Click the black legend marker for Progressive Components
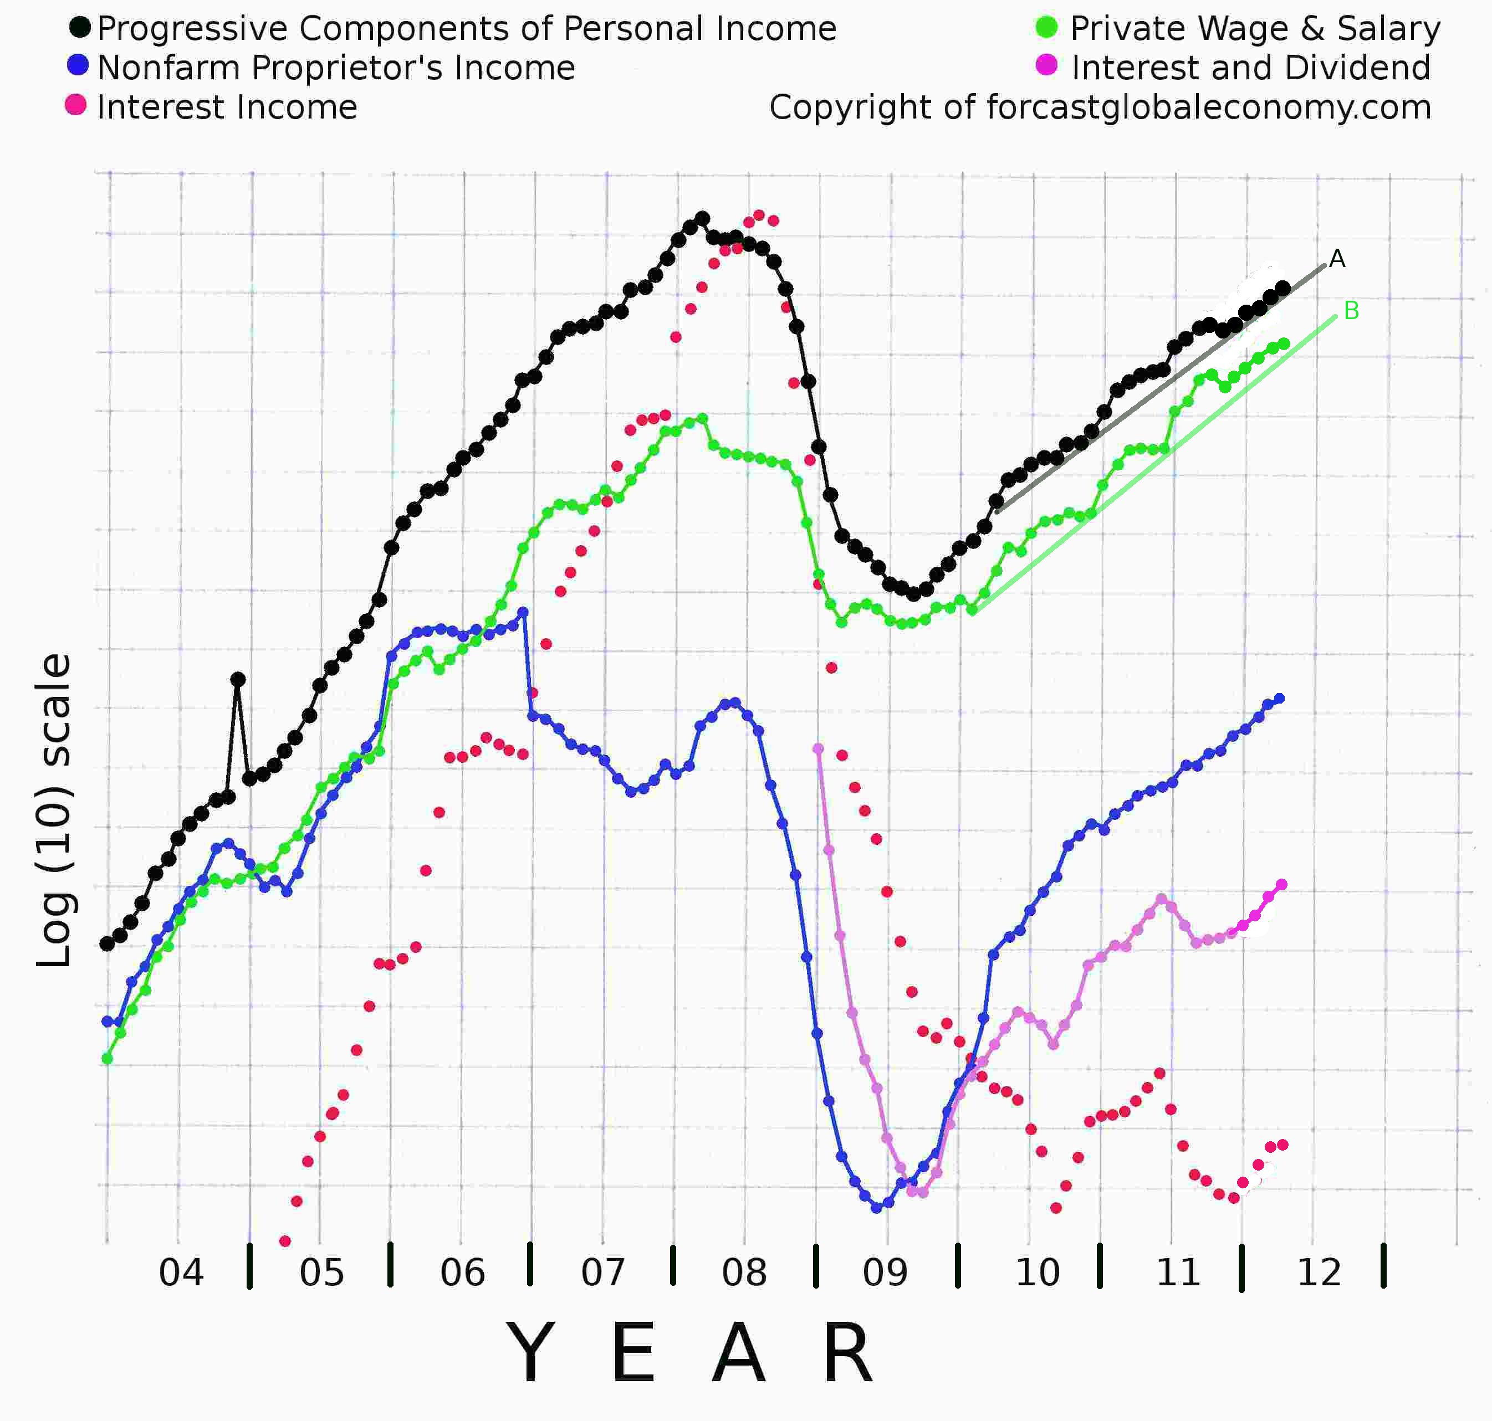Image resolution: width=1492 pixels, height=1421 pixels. [80, 28]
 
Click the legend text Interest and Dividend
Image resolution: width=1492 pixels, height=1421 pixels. [1250, 68]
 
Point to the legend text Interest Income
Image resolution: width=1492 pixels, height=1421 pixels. [227, 107]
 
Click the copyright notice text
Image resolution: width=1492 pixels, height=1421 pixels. [1100, 107]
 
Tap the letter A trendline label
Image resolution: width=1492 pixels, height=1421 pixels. [1337, 259]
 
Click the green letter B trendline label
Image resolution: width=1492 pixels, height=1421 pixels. [1351, 311]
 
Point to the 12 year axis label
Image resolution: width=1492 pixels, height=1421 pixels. [1319, 1273]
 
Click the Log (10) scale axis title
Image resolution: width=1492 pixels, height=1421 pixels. [54, 810]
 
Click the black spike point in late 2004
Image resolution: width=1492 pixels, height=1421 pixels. [238, 679]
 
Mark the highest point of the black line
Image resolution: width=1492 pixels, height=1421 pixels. [702, 218]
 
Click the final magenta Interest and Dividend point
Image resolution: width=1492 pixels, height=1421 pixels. [1282, 885]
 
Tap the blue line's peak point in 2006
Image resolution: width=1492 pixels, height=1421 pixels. [523, 612]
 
